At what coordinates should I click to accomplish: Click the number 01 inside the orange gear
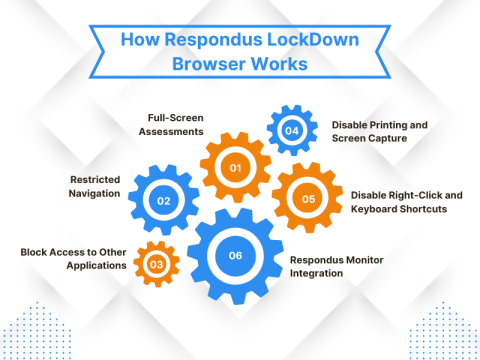236,167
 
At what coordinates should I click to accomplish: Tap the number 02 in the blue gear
163,201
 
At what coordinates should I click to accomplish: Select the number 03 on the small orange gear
156,264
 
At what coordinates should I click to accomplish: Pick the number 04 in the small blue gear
290,130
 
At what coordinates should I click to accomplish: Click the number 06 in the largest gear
235,255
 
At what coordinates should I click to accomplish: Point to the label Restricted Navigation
95,187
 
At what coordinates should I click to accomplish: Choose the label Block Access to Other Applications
73,259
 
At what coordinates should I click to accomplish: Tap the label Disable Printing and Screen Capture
381,132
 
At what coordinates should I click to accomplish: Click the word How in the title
139,41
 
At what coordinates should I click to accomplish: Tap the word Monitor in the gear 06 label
374,258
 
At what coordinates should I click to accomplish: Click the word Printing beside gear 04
388,125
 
